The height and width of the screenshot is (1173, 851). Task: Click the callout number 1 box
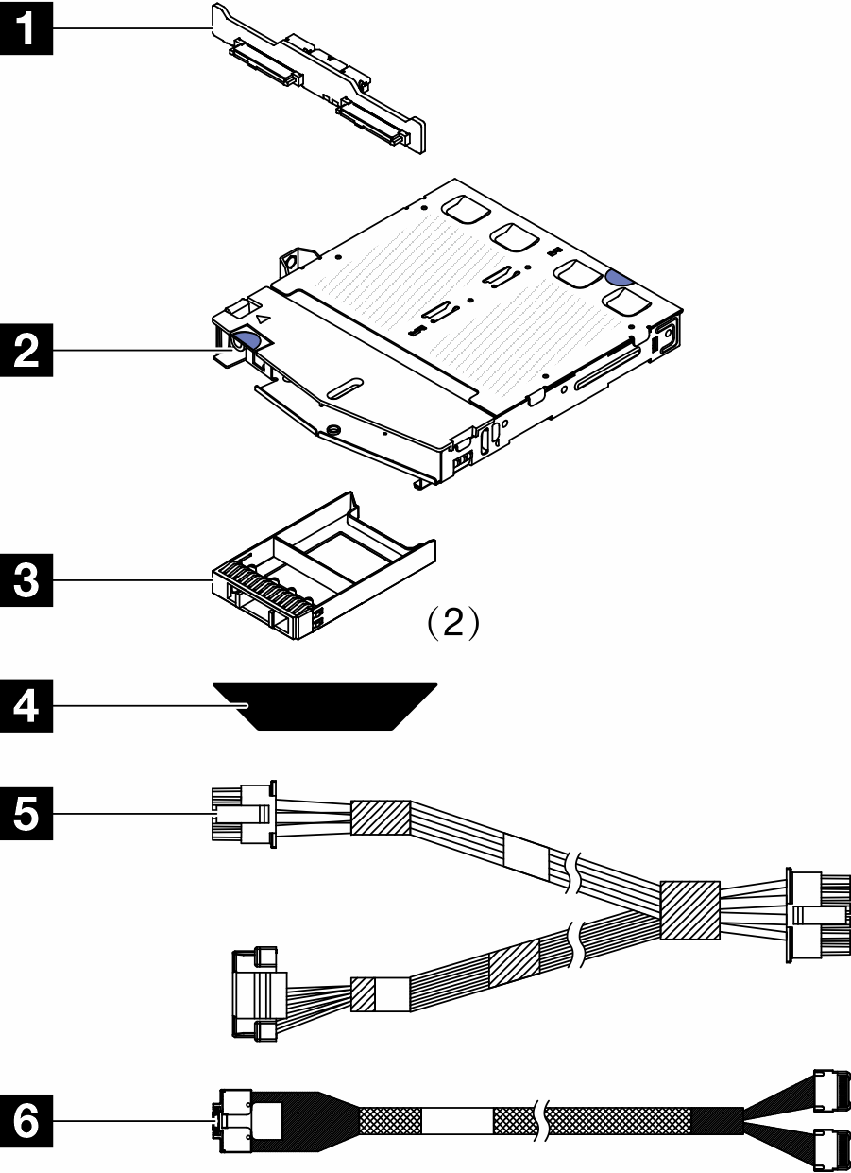pos(26,28)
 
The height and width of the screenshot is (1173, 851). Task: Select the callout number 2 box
pos(26,350)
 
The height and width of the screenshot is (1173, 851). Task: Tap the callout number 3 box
pos(26,580)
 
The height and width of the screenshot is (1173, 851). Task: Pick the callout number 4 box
pos(26,706)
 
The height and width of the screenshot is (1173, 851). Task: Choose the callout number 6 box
pos(26,1121)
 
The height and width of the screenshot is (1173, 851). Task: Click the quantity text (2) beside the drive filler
pos(453,623)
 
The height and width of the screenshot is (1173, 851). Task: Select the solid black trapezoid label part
pos(325,706)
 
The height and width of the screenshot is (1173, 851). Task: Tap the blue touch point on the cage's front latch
pos(247,339)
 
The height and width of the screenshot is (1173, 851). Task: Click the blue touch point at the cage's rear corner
pos(619,278)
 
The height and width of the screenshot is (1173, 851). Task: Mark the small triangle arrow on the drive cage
pos(263,318)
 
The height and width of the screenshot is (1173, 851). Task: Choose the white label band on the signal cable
pos(457,1121)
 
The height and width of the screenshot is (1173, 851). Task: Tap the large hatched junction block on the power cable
pos(689,910)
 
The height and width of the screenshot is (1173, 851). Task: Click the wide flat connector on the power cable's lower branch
pos(260,992)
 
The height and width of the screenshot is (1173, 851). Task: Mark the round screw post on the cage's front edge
pos(332,430)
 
